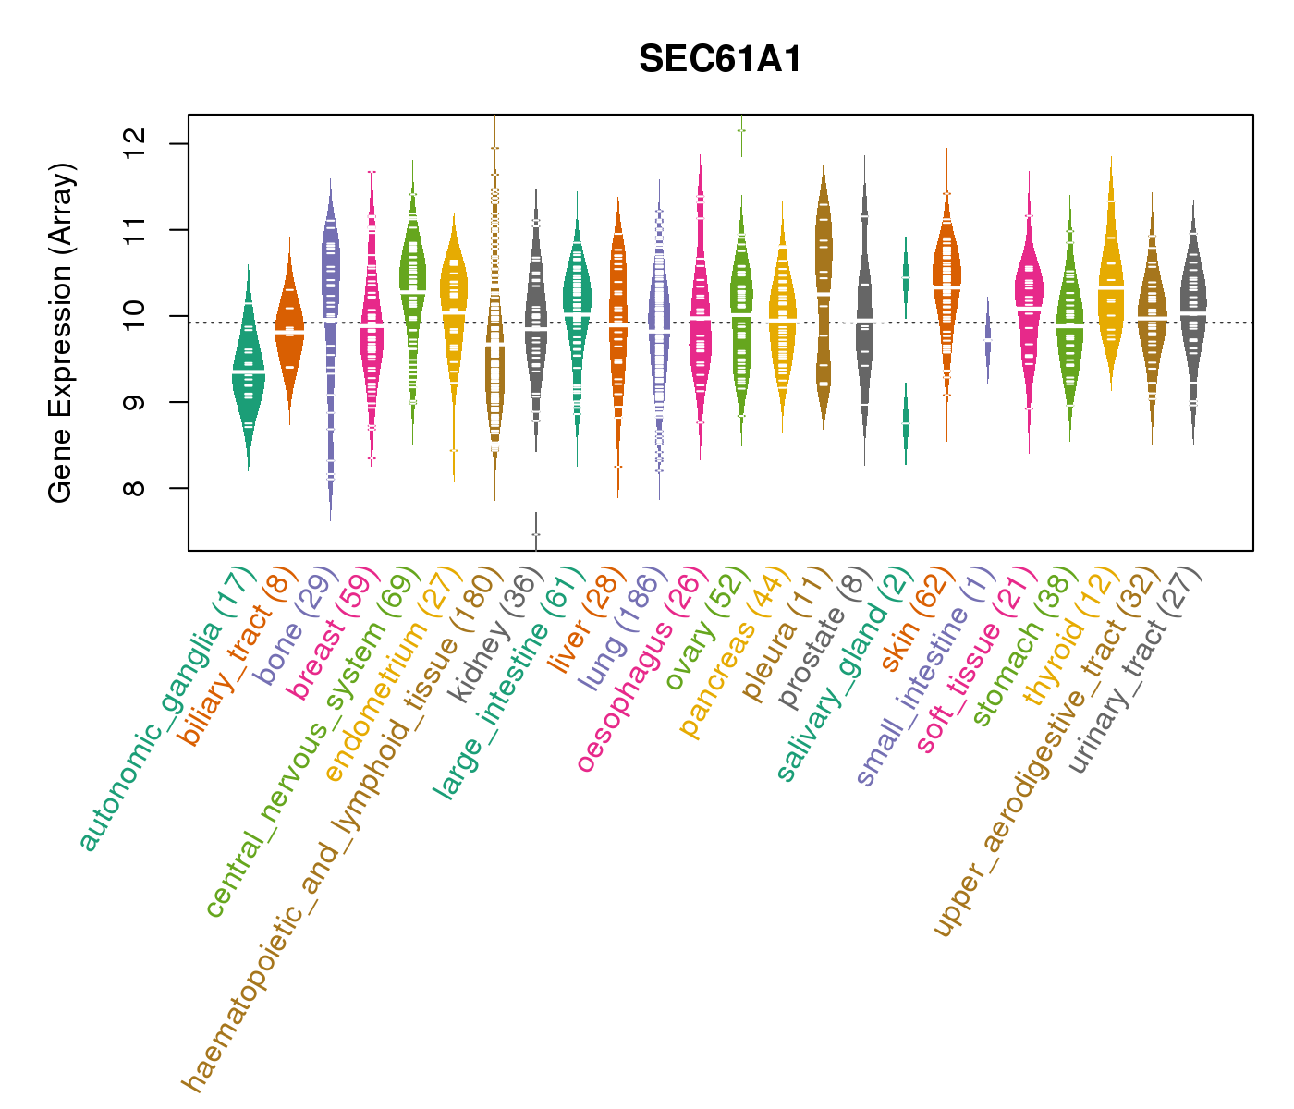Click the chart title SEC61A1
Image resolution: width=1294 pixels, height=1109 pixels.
[720, 60]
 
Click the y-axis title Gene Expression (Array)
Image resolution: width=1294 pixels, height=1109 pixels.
[61, 333]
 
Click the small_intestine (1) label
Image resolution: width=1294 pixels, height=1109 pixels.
[924, 679]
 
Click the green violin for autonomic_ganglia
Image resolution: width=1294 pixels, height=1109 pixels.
[248, 370]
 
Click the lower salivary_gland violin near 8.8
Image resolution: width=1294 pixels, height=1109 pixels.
[906, 423]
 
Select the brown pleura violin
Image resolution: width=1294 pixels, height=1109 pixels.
[824, 296]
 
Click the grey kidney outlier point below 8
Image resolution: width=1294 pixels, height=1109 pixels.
[536, 534]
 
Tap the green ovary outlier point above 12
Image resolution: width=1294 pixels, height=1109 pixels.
[741, 130]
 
